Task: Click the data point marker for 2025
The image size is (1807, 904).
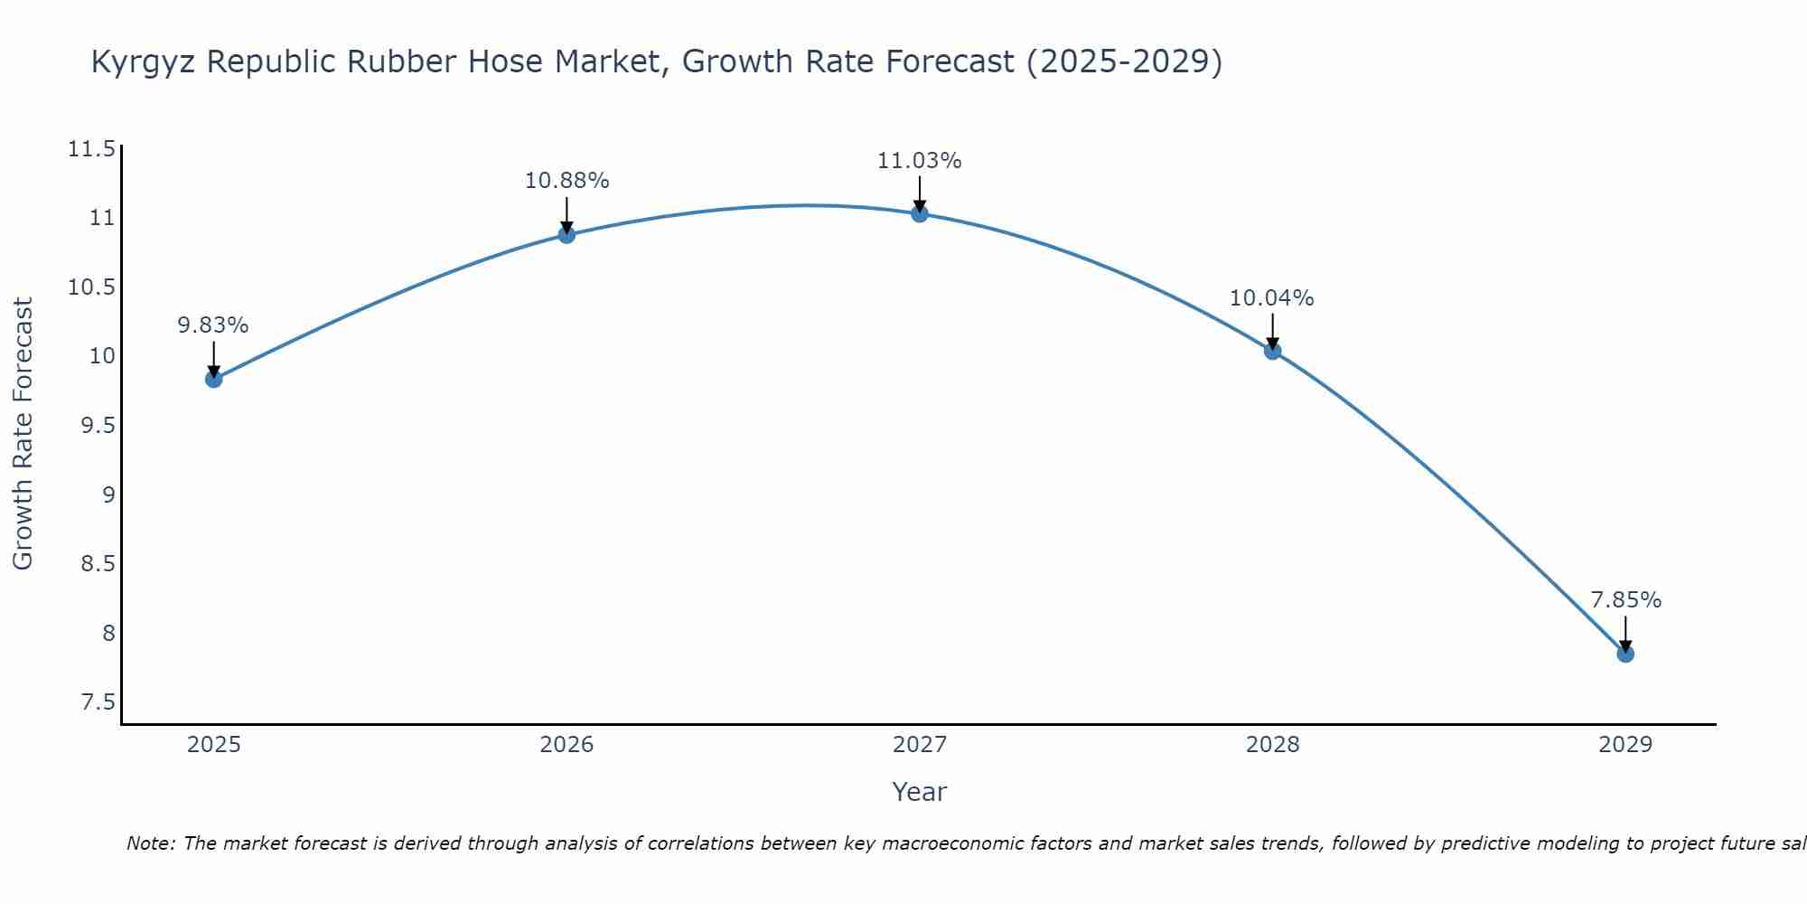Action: click(x=214, y=379)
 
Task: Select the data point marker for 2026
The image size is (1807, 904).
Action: click(x=566, y=235)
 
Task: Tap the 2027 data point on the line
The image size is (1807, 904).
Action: click(x=920, y=213)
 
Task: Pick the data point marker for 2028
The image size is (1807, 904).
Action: click(x=1272, y=351)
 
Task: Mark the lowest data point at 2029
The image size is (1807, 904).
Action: click(x=1624, y=654)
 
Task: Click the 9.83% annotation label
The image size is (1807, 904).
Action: click(x=213, y=325)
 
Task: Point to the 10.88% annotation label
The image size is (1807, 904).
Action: click(x=566, y=181)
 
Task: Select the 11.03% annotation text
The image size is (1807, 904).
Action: click(x=919, y=161)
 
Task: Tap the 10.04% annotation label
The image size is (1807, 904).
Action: click(x=1271, y=298)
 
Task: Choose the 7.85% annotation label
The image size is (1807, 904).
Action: click(x=1625, y=600)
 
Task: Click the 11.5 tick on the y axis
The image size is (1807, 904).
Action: click(x=91, y=149)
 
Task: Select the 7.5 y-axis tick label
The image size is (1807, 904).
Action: click(x=98, y=702)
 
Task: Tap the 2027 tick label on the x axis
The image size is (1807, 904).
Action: click(x=919, y=745)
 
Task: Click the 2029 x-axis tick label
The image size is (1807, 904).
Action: click(x=1624, y=745)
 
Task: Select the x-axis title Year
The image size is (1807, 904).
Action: click(x=919, y=792)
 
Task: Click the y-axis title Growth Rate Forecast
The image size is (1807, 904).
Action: click(x=23, y=434)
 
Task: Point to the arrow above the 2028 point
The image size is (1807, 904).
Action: click(x=1272, y=330)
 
